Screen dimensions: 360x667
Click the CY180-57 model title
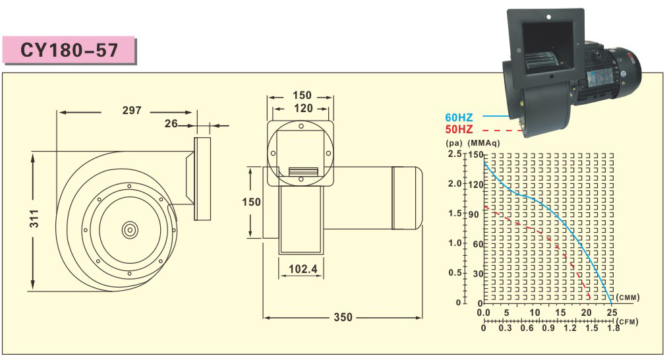point(69,51)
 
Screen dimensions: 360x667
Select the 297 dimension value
point(132,111)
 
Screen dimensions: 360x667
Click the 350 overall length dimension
point(343,317)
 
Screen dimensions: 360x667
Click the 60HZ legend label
point(459,117)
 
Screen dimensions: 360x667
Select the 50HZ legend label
point(459,129)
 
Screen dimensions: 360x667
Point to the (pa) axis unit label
point(454,142)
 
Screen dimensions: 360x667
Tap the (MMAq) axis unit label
point(484,142)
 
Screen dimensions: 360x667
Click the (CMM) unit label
point(629,298)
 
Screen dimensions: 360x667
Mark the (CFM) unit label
point(629,320)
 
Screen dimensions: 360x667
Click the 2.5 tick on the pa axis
point(455,154)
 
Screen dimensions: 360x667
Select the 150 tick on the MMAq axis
point(475,154)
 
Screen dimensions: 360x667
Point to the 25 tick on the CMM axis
point(612,313)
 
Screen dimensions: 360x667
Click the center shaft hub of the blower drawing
point(130,229)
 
